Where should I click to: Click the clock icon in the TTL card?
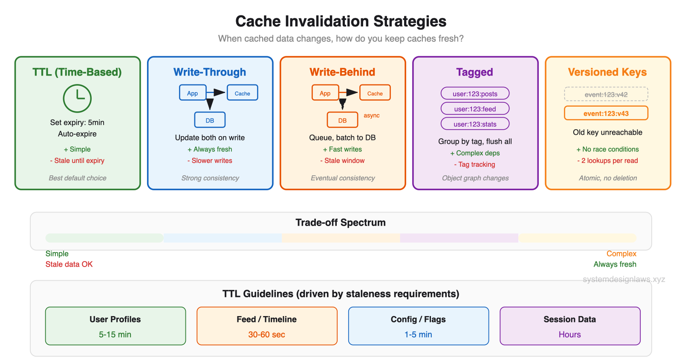coord(77,98)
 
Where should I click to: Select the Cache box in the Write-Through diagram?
coord(242,93)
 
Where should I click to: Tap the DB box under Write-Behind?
coord(342,120)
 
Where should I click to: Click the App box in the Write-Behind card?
coord(325,93)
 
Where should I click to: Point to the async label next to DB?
coord(371,116)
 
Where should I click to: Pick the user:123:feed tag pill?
coord(475,109)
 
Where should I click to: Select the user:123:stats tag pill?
coord(475,124)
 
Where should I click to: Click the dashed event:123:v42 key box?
coord(606,94)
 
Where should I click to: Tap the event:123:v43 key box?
coord(606,113)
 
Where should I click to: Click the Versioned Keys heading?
coord(607,72)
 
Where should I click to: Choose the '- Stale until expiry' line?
coord(77,161)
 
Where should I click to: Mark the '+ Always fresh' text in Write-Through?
coord(210,149)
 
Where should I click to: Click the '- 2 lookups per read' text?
coord(607,161)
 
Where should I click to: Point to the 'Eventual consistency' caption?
coord(343,178)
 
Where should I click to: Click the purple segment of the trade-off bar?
coord(459,238)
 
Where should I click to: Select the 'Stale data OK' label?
coord(69,264)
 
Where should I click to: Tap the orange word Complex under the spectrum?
coord(621,254)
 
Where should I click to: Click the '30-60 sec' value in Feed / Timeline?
coord(266,335)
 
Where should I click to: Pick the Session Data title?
coord(569,319)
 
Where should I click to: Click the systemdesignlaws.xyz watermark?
coord(624,279)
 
